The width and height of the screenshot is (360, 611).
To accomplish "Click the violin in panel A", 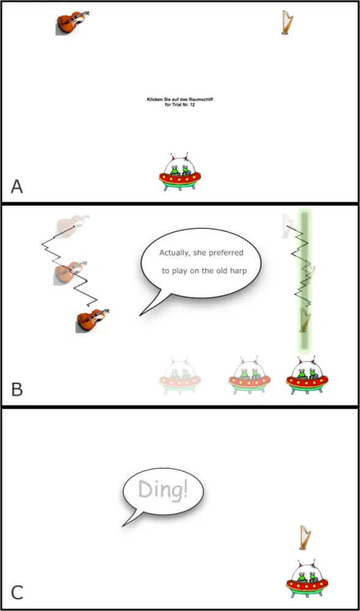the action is coord(73,23).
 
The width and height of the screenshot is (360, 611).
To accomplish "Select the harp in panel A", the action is coord(287,23).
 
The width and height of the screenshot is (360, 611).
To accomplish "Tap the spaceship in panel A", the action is coord(180,172).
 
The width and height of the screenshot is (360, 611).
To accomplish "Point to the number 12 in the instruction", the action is coord(192,104).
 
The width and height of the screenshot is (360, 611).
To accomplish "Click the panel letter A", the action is coord(17,186).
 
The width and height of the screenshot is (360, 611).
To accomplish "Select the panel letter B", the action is coord(17,389).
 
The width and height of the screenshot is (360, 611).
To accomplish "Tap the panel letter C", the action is coord(17,593).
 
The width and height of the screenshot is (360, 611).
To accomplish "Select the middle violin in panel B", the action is coord(70,273).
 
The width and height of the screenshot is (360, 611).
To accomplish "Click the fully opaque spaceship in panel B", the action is coord(307,377).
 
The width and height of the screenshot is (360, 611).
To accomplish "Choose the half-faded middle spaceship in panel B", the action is coord(249,376).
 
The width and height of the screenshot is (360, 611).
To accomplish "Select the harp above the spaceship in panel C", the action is coord(306,538).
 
